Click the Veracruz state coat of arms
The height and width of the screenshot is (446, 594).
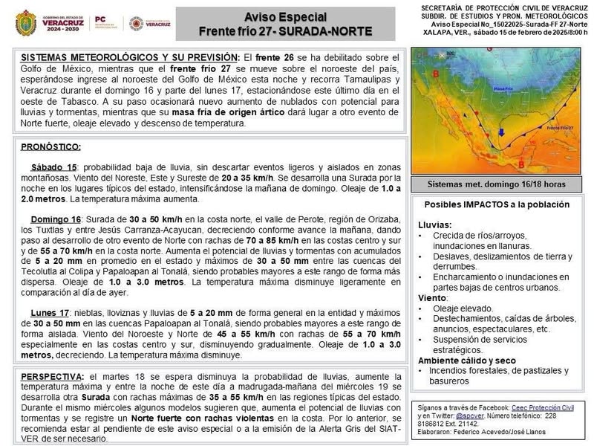click(26, 23)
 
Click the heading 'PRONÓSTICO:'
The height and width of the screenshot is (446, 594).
click(51, 146)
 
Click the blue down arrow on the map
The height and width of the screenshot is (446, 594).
click(501, 134)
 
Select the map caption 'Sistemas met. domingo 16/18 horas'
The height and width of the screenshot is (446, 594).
click(496, 184)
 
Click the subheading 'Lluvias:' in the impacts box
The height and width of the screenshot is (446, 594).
click(434, 224)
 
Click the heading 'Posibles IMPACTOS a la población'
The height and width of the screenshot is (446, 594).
click(497, 204)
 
